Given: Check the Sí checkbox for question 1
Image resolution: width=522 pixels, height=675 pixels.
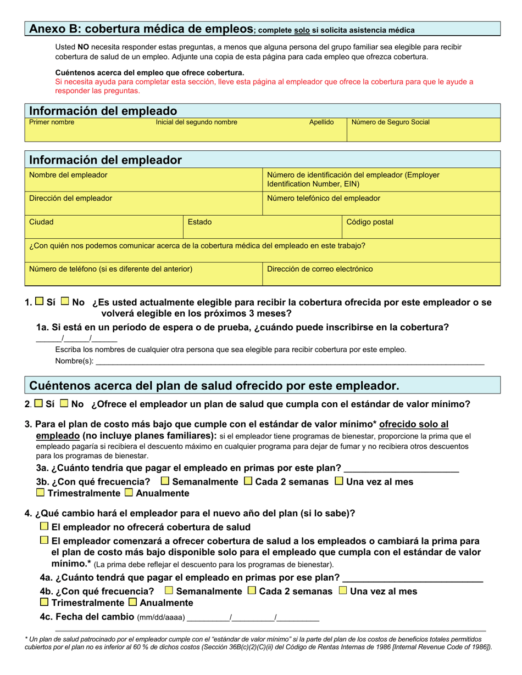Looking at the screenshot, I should tap(40, 301).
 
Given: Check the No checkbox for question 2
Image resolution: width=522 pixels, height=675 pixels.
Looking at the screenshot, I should tap(64, 403).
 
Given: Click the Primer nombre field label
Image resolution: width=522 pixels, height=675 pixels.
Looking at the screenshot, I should tap(52, 122).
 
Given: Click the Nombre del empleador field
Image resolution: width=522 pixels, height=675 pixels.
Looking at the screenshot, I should tap(144, 180).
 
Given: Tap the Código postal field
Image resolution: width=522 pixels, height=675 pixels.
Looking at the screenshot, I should tap(421, 227).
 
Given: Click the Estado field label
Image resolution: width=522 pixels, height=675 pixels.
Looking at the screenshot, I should tap(199, 222).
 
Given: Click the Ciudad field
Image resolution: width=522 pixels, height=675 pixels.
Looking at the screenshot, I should tap(104, 227).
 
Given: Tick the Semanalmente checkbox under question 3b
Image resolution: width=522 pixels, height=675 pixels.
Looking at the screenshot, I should tap(165, 481).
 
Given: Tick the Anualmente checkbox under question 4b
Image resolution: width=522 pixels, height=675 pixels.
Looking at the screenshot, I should tap(132, 601).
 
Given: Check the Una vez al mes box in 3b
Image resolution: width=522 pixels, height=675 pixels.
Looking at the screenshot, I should tap(339, 481).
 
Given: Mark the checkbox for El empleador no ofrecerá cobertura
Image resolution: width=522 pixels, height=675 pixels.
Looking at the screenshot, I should tap(45, 526).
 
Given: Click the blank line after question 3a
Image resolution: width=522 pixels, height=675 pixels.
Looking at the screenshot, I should tap(401, 469).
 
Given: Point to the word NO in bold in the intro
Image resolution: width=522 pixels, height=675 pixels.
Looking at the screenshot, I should tap(83, 47).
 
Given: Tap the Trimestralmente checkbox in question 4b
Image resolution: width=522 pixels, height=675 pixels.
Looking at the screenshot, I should tap(45, 601).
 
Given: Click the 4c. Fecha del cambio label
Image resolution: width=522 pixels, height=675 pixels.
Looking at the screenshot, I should tap(87, 616).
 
